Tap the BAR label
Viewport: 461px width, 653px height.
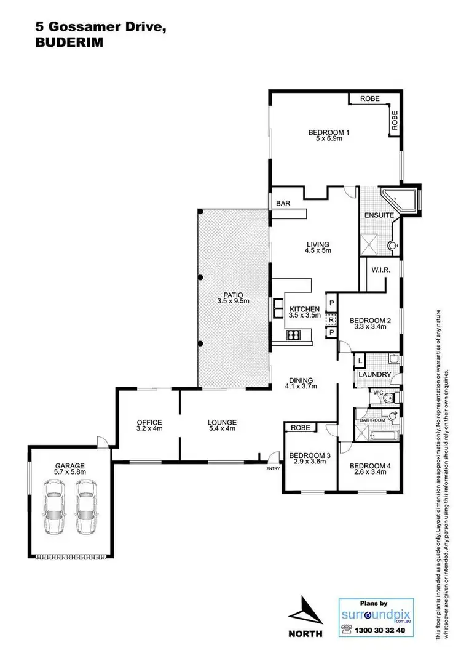[x=283, y=202]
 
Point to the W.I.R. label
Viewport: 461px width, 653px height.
[x=377, y=269]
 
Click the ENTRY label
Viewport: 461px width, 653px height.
[x=272, y=469]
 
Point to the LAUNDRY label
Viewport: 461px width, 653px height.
[x=376, y=374]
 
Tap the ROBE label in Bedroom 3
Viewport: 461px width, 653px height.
[x=300, y=427]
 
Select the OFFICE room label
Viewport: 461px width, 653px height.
[x=149, y=422]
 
